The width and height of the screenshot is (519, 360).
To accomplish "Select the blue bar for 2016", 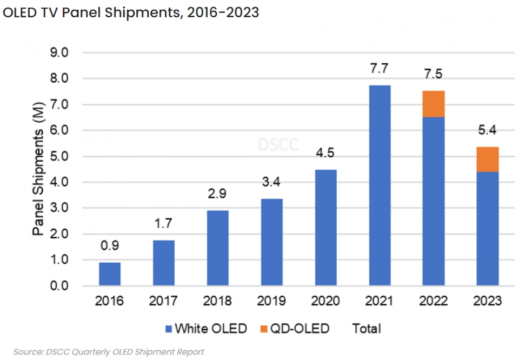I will pos(110,274).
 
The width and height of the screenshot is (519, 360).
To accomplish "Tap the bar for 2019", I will pos(271,242).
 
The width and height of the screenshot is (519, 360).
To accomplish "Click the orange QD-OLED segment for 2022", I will pos(434,104).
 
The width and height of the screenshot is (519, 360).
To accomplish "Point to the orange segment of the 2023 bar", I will pos(487,159).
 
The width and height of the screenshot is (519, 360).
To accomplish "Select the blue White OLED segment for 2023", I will pos(487,229).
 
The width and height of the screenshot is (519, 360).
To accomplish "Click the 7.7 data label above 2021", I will pos(380,69).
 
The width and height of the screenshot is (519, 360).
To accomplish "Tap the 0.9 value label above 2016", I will pos(110,246).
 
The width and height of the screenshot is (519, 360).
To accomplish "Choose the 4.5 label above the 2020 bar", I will pos(325,154).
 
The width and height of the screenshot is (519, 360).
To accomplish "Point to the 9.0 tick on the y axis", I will pos(59,53).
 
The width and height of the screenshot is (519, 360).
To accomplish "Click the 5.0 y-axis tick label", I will pos(59,157).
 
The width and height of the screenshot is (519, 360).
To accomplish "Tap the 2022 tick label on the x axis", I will pos(434,301).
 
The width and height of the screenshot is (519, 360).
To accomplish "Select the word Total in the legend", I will pos(367,329).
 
